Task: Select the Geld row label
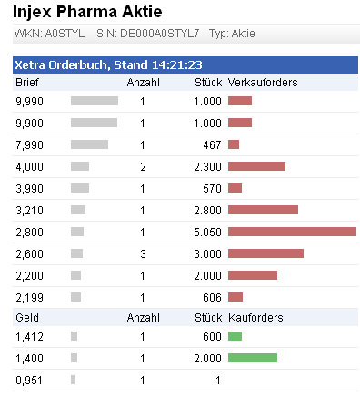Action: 28,318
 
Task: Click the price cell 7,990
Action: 30,144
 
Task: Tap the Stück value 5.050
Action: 207,232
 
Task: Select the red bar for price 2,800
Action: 292,232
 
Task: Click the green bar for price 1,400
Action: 252,358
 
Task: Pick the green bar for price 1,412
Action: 235,336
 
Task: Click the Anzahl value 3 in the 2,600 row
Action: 143,253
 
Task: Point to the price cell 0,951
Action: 30,380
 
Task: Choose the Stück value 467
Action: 211,144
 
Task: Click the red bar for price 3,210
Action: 263,210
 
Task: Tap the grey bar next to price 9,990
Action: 95,101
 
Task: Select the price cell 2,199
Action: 30,297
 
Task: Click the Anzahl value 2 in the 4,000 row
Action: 143,166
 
